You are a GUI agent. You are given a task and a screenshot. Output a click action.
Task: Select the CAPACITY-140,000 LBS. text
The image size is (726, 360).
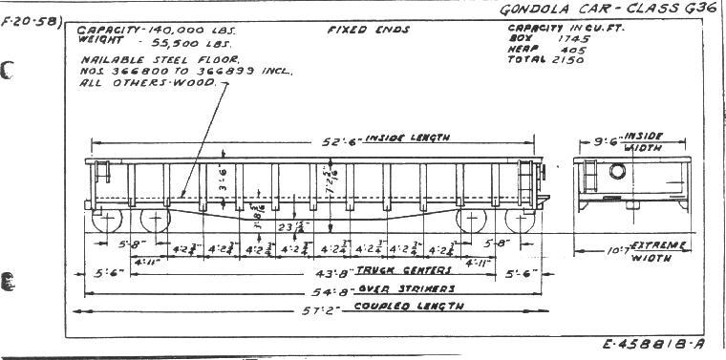[x=157, y=30]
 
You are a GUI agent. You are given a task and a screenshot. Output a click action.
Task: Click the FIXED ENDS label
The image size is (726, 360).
[x=368, y=30]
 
